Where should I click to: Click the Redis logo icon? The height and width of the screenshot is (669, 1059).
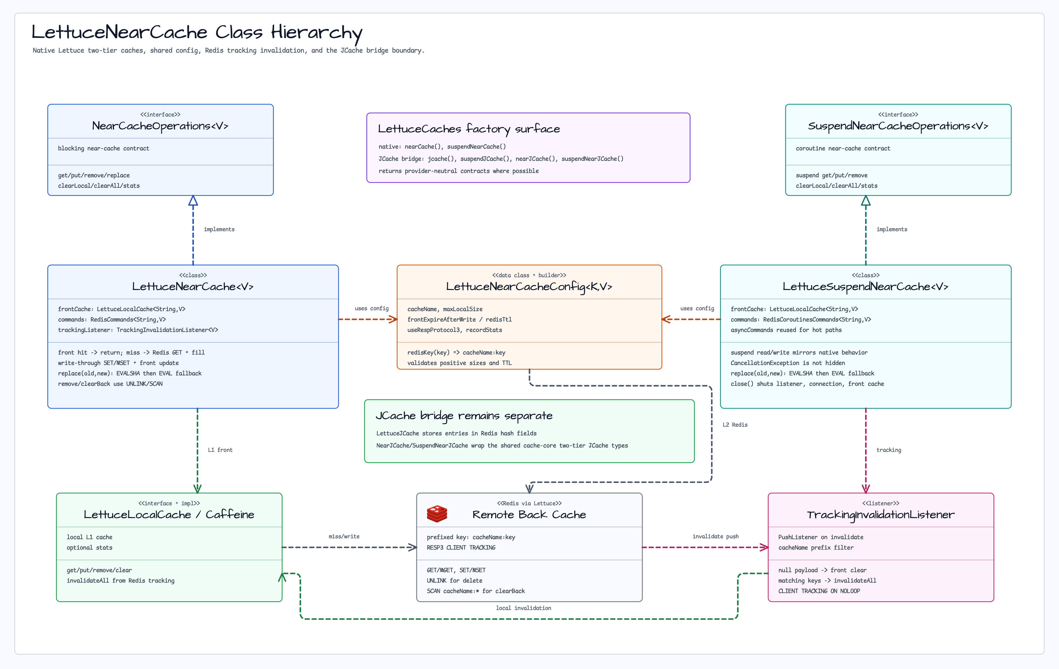(437, 514)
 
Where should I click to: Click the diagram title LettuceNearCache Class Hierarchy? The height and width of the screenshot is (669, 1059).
(197, 33)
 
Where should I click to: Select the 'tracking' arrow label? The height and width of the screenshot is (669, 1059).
(889, 450)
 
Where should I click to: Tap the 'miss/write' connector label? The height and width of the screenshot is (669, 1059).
(344, 537)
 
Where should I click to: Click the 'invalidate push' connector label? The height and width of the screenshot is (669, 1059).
(715, 537)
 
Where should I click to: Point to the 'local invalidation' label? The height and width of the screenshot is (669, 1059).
(523, 608)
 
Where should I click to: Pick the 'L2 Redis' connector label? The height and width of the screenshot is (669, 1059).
(735, 425)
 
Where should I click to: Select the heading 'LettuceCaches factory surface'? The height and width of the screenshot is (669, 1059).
(469, 129)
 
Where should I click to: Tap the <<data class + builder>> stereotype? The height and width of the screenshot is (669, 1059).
(529, 275)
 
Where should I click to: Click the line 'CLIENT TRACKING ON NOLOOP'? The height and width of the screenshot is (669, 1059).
(819, 591)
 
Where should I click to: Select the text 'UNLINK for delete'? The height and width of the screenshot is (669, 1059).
(454, 581)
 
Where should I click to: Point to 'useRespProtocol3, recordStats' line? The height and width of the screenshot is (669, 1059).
(455, 330)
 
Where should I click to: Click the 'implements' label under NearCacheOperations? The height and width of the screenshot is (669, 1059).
(219, 229)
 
